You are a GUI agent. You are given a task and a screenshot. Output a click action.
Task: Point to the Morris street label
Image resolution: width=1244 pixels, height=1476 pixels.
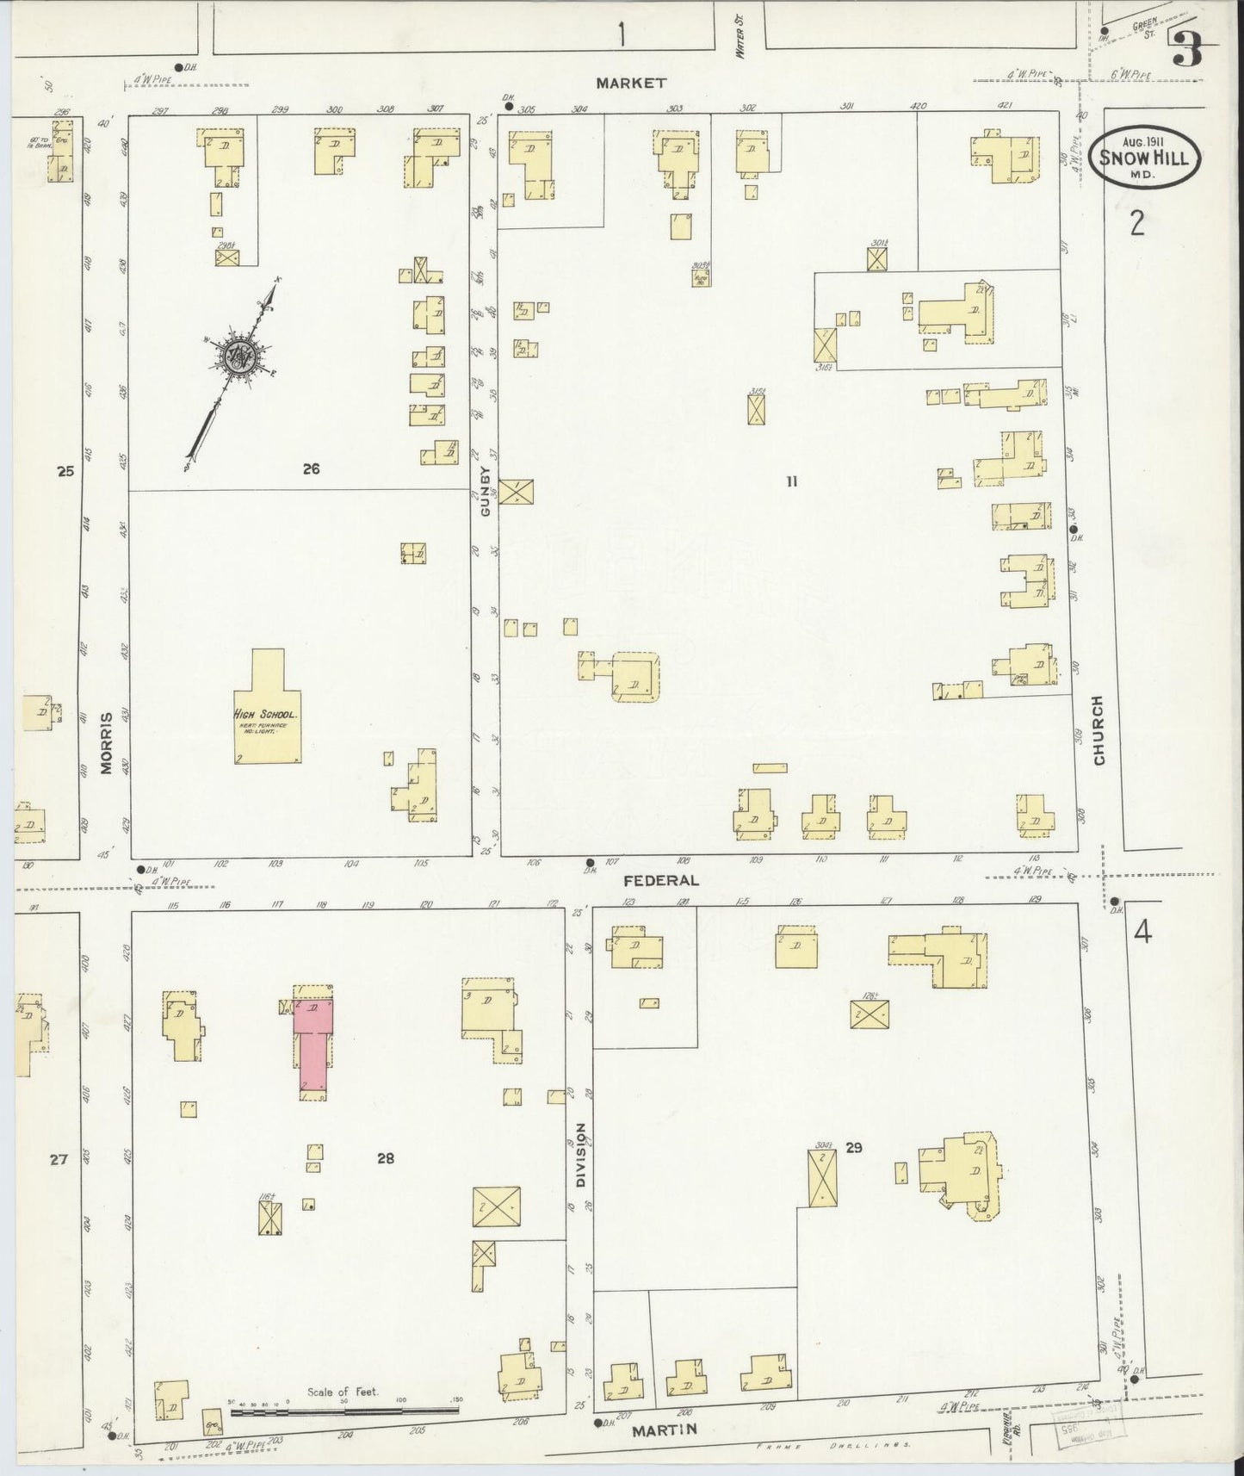(x=107, y=743)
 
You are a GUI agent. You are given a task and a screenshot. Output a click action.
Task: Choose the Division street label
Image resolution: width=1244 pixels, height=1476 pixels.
(x=580, y=1155)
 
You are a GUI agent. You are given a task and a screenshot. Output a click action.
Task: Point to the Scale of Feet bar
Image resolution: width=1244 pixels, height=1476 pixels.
(x=344, y=1411)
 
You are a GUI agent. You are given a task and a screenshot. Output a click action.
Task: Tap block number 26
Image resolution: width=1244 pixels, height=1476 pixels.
(x=311, y=468)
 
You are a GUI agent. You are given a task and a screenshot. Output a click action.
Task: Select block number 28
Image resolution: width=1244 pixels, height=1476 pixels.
(x=385, y=1158)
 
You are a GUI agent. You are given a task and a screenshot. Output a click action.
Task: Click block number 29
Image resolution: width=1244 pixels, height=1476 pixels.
(x=853, y=1147)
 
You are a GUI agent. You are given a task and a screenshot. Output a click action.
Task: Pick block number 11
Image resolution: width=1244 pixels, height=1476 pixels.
(x=791, y=481)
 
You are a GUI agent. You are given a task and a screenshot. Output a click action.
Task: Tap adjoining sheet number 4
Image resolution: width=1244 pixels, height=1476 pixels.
(x=1142, y=933)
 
